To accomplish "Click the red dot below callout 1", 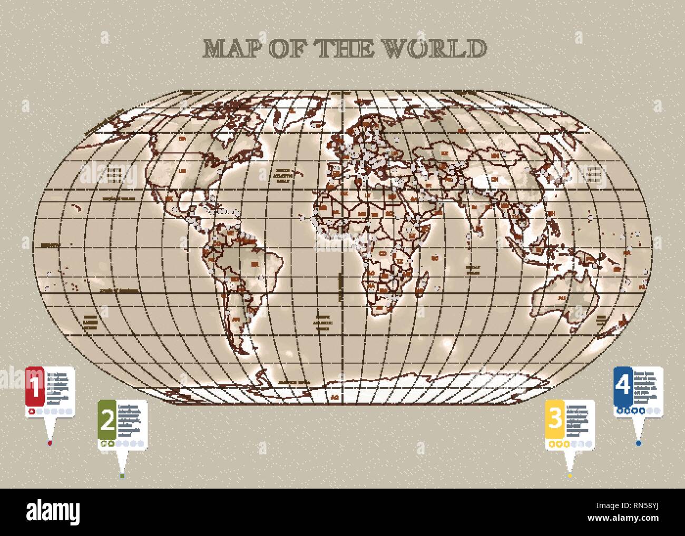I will [x=50, y=443].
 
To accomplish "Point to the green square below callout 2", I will [x=122, y=475].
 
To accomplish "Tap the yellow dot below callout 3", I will [x=570, y=475].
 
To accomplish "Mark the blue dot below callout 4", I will [x=639, y=443].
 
